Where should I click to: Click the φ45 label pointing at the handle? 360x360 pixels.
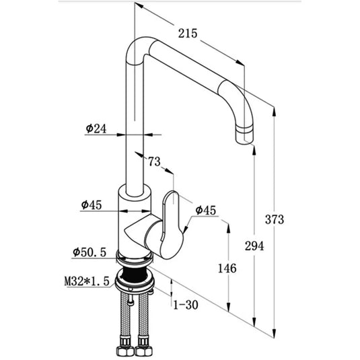pyautogui.click(x=206, y=211)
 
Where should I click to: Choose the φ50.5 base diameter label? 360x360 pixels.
pyautogui.click(x=89, y=252)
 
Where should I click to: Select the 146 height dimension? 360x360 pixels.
pyautogui.click(x=227, y=268)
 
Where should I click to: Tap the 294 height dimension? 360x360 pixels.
pyautogui.click(x=254, y=246)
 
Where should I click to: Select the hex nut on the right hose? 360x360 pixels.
pyautogui.click(x=143, y=350)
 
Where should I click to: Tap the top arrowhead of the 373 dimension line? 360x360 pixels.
pyautogui.click(x=275, y=112)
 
